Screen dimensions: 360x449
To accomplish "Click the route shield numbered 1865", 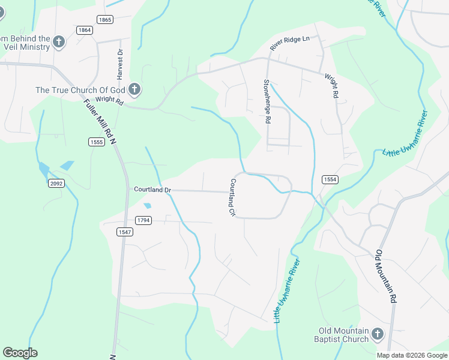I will tap(105, 20).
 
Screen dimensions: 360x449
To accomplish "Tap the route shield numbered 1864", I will tap(85, 30).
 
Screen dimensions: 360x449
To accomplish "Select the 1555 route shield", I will tap(96, 142).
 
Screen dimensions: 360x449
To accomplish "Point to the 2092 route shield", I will tap(56, 184).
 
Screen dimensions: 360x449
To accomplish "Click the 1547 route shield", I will tap(125, 232).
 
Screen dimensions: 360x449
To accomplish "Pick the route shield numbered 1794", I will tap(143, 221).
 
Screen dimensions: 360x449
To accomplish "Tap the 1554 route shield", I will tap(330, 179).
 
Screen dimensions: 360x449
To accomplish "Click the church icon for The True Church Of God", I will tap(134, 90).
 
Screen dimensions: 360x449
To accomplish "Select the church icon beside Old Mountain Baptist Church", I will tap(378, 334).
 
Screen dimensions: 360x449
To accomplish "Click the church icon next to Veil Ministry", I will tap(58, 41).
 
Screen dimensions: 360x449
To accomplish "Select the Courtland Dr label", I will tap(152, 190).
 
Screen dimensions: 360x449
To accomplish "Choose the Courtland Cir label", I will tap(231, 197).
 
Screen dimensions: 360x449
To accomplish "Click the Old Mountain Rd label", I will tap(386, 276).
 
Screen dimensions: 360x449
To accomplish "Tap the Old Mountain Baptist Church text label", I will tap(344, 335).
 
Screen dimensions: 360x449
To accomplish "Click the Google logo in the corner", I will tap(20, 353).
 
